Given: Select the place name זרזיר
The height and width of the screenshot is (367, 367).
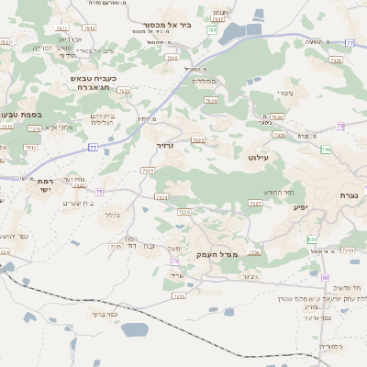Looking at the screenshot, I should click(x=164, y=145).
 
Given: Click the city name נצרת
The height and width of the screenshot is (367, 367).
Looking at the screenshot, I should click(x=350, y=195).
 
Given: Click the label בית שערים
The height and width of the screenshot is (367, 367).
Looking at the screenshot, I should click(x=70, y=203).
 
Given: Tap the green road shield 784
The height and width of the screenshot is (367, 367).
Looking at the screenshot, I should click(x=212, y=30).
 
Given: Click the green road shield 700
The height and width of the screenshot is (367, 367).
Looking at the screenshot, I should click(x=325, y=149).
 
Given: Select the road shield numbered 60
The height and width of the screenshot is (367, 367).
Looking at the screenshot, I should click(x=325, y=276).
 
